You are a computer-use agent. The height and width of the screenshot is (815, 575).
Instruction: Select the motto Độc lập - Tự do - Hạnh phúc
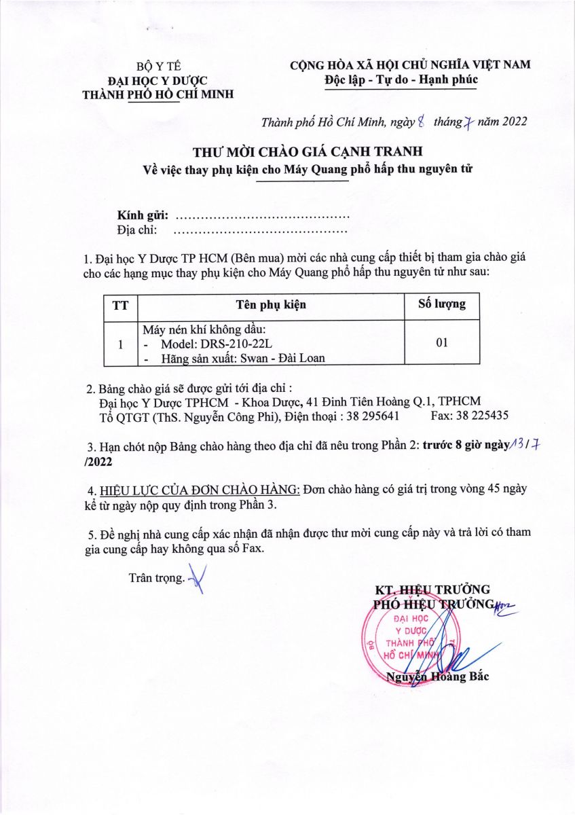tap(401, 79)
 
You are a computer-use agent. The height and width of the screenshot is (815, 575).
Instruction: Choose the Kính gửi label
tap(143, 215)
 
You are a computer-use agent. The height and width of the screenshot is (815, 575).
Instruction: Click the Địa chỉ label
tap(138, 230)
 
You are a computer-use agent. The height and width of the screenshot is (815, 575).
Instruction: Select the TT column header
tap(121, 304)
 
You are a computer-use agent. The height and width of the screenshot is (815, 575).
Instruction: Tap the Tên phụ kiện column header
tap(270, 304)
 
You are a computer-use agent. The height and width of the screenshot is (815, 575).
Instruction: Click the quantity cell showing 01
tap(442, 343)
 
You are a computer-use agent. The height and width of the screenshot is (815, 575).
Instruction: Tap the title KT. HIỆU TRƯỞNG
tap(432, 590)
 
